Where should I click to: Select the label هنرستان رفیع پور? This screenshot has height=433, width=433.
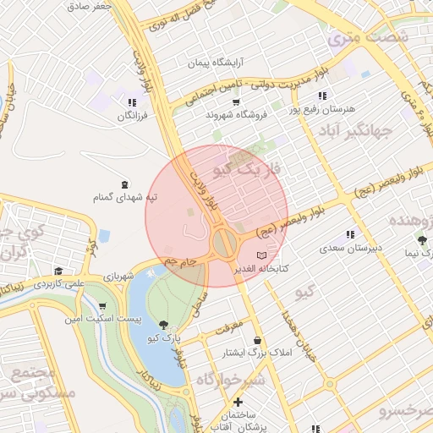322,109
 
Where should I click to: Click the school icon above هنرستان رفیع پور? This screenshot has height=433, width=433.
321,96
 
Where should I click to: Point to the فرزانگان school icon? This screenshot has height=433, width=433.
132,102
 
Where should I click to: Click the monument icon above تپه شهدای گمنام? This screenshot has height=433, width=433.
125,184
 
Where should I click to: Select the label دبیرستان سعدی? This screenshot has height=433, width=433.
350,249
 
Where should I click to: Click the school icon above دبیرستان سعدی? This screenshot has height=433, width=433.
350,235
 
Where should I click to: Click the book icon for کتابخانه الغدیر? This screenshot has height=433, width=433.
261,255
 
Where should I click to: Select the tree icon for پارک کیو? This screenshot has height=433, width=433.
162,325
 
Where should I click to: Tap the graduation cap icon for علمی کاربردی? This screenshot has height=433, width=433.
58,271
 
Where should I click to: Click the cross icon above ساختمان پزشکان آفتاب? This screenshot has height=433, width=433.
238,403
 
